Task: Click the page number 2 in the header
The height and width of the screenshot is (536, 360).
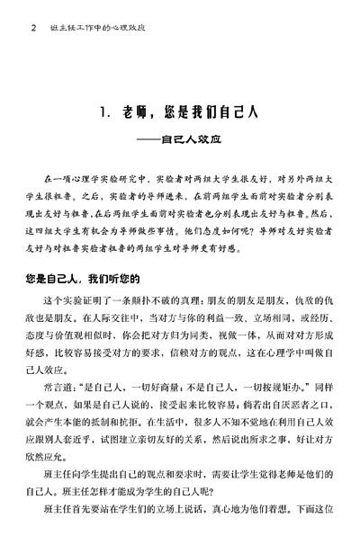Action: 33,28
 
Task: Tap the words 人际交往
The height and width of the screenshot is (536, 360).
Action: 96,317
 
